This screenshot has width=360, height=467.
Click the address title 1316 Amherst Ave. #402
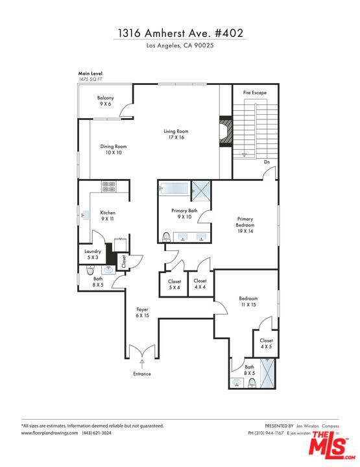point(180,32)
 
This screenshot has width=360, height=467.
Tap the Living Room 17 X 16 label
point(174,134)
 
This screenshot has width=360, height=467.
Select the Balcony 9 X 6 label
point(106,101)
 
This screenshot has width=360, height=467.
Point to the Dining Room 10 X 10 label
point(113,150)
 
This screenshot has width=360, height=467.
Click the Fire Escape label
point(254,93)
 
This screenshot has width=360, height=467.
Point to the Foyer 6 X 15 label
point(142,313)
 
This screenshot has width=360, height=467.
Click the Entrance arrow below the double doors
point(142,363)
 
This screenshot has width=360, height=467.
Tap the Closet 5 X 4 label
point(173,284)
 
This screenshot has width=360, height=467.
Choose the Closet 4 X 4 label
point(200,284)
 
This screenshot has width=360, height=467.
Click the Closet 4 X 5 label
point(266,343)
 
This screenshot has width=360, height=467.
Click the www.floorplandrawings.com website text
point(49,433)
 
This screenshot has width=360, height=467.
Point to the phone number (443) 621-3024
point(97,433)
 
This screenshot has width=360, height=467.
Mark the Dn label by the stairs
point(266,162)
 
